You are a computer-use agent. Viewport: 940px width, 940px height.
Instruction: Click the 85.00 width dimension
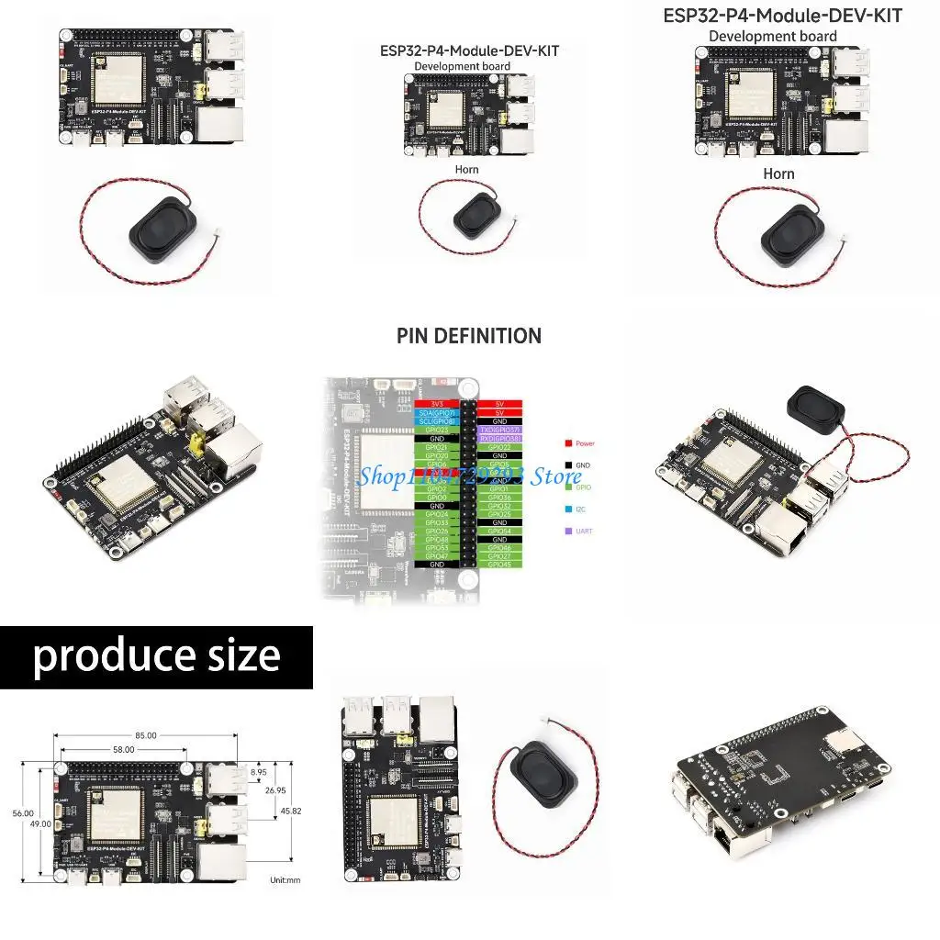coord(145,735)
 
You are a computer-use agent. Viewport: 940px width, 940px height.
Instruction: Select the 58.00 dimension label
coord(123,749)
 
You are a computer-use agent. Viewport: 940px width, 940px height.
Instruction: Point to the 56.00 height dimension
coord(22,813)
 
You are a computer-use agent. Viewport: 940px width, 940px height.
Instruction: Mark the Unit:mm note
coord(285,880)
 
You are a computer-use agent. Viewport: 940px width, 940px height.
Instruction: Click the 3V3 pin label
coord(436,404)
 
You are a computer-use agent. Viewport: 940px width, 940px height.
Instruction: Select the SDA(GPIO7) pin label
coord(436,413)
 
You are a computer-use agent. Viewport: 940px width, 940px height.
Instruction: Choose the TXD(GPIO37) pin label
coord(500,430)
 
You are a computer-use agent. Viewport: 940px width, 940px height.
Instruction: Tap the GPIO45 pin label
coord(500,564)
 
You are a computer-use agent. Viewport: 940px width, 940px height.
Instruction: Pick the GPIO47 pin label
coord(436,555)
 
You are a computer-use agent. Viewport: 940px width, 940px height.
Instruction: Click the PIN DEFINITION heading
coord(469,336)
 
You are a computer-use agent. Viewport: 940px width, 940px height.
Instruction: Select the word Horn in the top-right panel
coord(778,173)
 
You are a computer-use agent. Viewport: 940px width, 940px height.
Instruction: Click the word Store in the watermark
coord(558,476)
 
